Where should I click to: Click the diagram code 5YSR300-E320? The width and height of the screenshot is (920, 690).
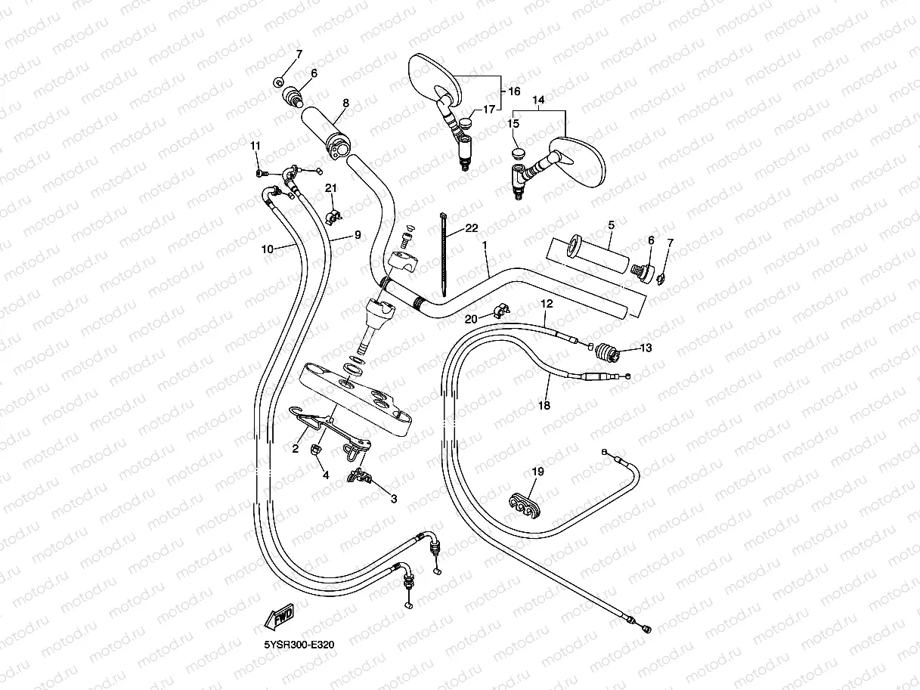click(x=299, y=645)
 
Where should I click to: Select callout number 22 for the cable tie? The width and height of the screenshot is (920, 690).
click(x=472, y=228)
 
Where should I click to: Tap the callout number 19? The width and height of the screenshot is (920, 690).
click(x=537, y=472)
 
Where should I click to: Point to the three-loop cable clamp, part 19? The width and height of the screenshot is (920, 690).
click(x=524, y=506)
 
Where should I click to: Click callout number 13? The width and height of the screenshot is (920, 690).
click(x=646, y=348)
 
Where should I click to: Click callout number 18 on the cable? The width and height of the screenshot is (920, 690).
click(x=544, y=405)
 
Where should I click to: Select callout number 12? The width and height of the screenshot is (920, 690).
click(x=547, y=303)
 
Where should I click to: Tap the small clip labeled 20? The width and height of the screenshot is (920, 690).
click(x=500, y=311)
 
